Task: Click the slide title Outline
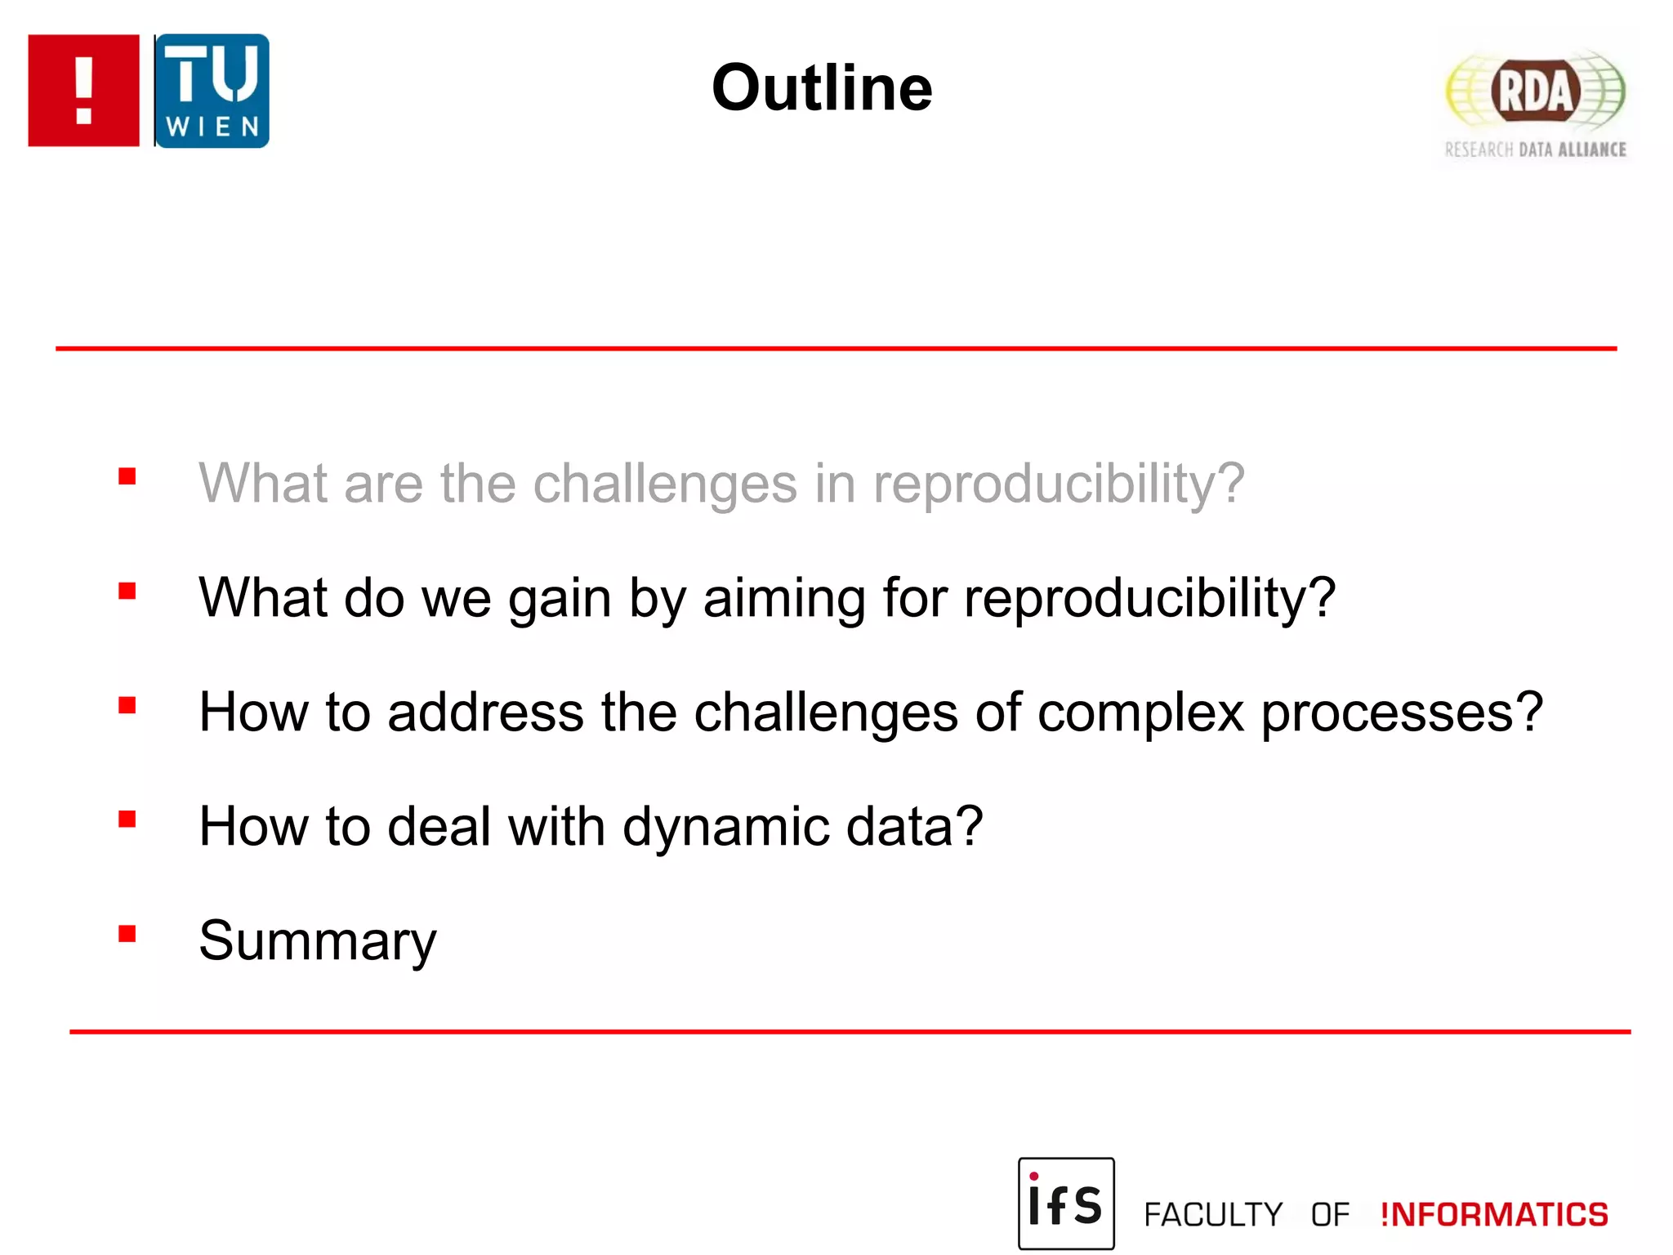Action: (x=821, y=87)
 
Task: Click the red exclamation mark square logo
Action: (x=83, y=90)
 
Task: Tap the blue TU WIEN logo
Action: (x=212, y=91)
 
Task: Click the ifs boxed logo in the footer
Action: (x=1065, y=1203)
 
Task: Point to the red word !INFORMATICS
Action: (x=1494, y=1214)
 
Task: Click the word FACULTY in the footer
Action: (x=1213, y=1215)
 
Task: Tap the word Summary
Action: (x=318, y=940)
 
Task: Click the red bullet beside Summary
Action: (x=127, y=933)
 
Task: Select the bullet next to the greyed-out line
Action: (x=127, y=476)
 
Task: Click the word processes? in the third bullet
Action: (x=1402, y=712)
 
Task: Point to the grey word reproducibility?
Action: (x=1059, y=484)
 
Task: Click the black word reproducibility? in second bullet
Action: (x=1149, y=599)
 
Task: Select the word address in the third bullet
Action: (x=485, y=712)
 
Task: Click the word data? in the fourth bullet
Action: (x=914, y=827)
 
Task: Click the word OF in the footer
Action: (x=1330, y=1215)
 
